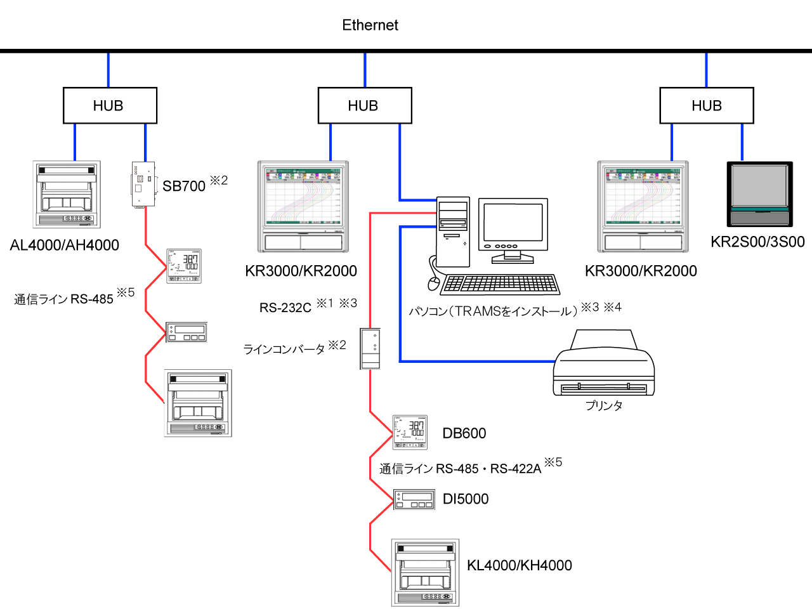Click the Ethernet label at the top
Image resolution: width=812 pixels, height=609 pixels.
[x=370, y=25]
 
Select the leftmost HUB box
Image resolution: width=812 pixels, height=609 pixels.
[x=110, y=105]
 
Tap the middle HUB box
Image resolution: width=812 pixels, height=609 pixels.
[x=365, y=105]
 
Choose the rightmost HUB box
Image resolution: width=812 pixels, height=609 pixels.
[x=707, y=105]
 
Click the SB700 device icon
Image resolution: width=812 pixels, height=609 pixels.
[x=143, y=184]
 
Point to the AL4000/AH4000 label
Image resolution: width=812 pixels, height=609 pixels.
[x=65, y=246]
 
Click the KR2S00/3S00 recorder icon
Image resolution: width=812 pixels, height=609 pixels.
[x=759, y=194]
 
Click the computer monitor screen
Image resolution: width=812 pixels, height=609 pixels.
[x=513, y=222]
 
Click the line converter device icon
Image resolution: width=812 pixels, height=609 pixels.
[x=370, y=348]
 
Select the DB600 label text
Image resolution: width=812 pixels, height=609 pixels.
[x=464, y=434]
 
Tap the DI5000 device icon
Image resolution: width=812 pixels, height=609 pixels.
[x=414, y=499]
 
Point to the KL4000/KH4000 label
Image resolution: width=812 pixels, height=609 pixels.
[x=520, y=565]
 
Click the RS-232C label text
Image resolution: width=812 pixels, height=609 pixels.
[x=285, y=308]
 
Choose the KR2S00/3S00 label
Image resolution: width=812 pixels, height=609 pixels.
[x=757, y=242]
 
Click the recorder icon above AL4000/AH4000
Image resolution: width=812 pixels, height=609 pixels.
[x=67, y=194]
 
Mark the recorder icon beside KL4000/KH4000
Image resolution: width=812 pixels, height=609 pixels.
[x=425, y=573]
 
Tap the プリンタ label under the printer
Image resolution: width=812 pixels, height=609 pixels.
[x=604, y=405]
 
